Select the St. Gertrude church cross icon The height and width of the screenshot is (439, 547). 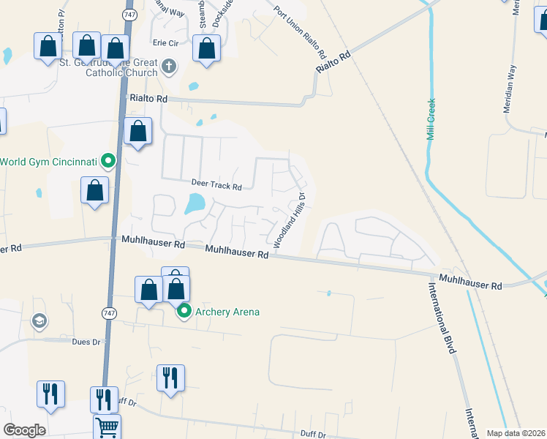(x=169, y=67)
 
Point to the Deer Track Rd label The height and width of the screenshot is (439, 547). (x=216, y=185)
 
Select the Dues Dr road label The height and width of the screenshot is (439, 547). (x=86, y=341)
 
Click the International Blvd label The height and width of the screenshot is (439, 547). (x=443, y=317)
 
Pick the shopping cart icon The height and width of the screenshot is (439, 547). (x=107, y=427)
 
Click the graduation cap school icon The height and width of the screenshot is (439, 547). (x=38, y=320)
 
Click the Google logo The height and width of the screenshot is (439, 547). (x=24, y=430)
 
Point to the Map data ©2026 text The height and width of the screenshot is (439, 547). (x=516, y=433)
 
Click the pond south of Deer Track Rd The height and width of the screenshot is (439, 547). (x=195, y=204)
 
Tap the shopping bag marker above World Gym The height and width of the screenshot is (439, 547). (x=137, y=132)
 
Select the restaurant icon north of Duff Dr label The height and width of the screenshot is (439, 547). (x=170, y=378)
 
